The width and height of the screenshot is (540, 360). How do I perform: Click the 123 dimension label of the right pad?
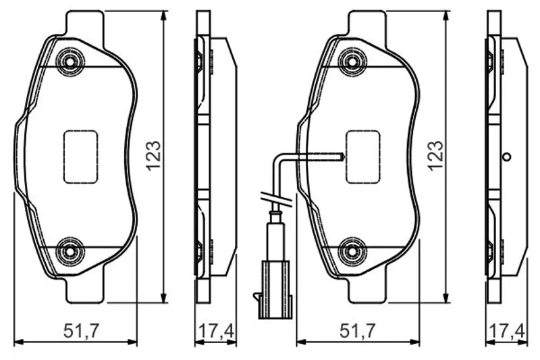435,156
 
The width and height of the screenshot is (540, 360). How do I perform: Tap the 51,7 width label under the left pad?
81,331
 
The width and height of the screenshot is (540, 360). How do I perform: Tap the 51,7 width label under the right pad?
357,331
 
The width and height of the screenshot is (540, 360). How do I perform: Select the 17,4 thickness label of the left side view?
216,332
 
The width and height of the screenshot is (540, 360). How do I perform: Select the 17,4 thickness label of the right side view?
507,332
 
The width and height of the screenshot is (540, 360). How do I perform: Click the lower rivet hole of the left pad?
71,251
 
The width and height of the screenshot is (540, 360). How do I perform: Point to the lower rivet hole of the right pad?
352,251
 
